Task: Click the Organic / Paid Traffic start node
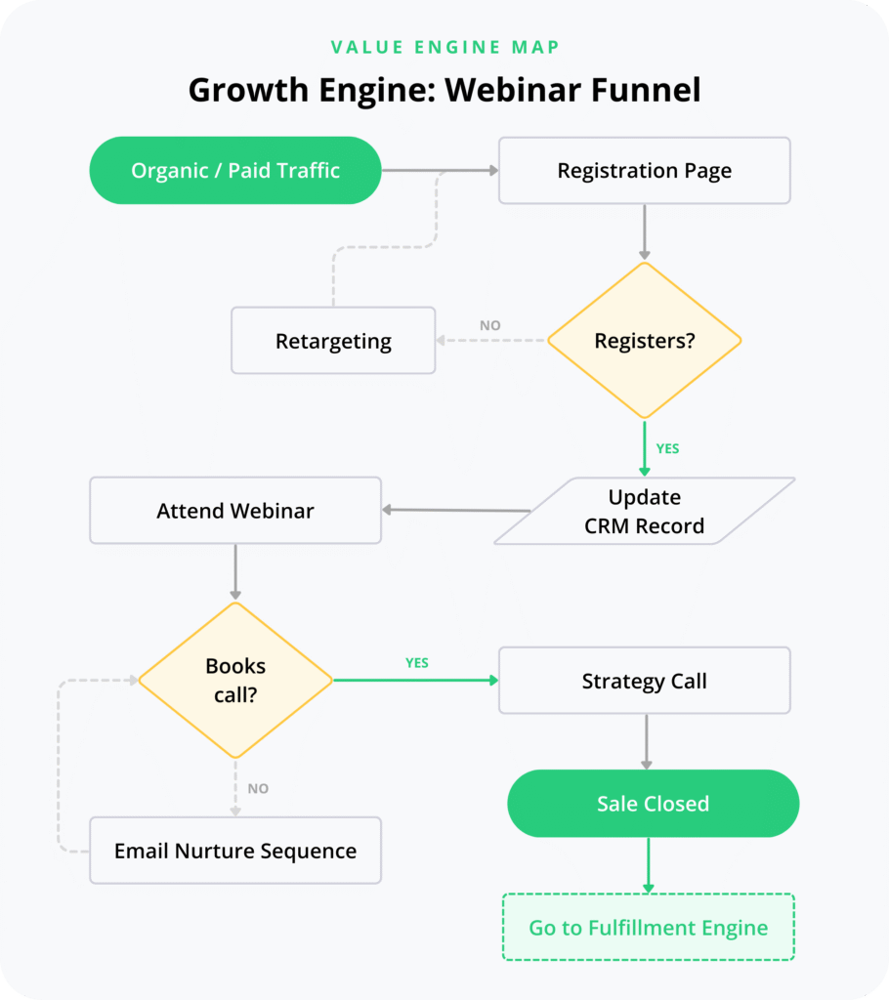click(x=235, y=171)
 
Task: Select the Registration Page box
click(x=644, y=171)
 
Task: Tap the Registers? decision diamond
click(x=644, y=341)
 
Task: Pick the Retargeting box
click(x=333, y=341)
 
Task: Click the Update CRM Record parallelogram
click(x=644, y=511)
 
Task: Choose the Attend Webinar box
click(x=235, y=511)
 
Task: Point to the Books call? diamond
click(x=235, y=680)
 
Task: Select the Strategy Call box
click(x=644, y=681)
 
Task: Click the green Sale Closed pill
click(x=653, y=804)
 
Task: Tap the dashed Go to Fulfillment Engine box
click(x=648, y=928)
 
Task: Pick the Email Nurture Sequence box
click(x=235, y=851)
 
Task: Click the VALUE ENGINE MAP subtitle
click(x=444, y=47)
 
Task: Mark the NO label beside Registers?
click(x=490, y=325)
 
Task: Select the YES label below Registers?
click(x=667, y=449)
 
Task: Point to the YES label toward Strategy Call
click(x=417, y=663)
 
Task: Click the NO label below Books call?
click(x=258, y=788)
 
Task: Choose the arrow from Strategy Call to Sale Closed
click(x=645, y=742)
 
